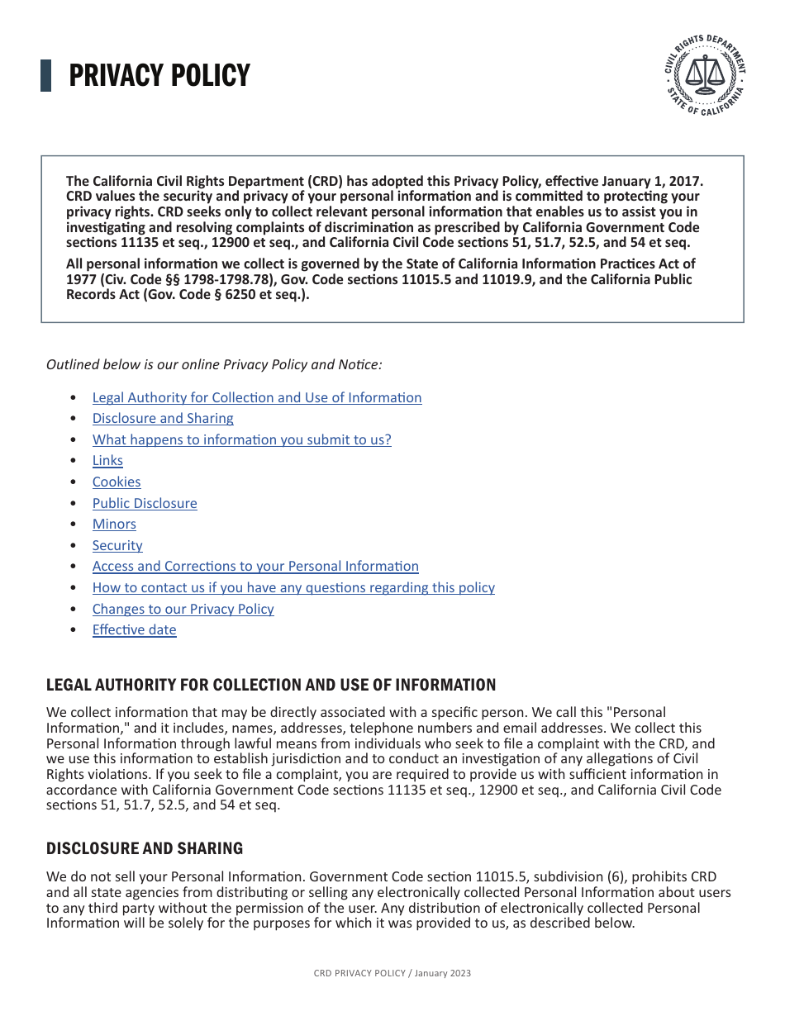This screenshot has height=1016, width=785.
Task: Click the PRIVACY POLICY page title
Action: pyautogui.click(x=159, y=76)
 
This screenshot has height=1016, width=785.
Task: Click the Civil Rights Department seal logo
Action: pyautogui.click(x=705, y=76)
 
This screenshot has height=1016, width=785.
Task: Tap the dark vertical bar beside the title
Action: pyautogui.click(x=46, y=76)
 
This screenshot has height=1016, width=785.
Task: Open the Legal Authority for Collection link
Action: pyautogui.click(x=256, y=397)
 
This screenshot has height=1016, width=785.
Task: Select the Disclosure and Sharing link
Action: pyautogui.click(x=163, y=419)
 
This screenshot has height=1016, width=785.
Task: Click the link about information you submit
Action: pyautogui.click(x=241, y=439)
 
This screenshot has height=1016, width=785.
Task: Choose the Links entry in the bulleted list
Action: pyautogui.click(x=107, y=461)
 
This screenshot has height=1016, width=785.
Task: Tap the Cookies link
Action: pyautogui.click(x=117, y=482)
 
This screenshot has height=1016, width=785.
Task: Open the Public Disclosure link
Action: pyautogui.click(x=145, y=503)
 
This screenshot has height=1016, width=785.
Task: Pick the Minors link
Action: pyautogui.click(x=114, y=525)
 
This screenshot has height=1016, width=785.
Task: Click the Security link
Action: pyautogui.click(x=117, y=545)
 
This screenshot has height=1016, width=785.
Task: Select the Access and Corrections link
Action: pyautogui.click(x=255, y=567)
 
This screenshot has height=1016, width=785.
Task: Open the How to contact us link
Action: pyautogui.click(x=293, y=587)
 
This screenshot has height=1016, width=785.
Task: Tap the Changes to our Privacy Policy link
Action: pyautogui.click(x=183, y=609)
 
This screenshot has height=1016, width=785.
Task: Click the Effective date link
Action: pyautogui.click(x=134, y=630)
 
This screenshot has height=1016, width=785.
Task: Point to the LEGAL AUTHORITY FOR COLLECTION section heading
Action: pyautogui.click(x=271, y=685)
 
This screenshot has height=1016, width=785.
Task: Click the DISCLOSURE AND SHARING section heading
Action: pyautogui.click(x=145, y=848)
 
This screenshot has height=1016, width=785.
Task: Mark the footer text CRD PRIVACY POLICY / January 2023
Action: pyautogui.click(x=392, y=973)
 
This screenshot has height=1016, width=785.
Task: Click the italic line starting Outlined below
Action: pyautogui.click(x=214, y=364)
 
